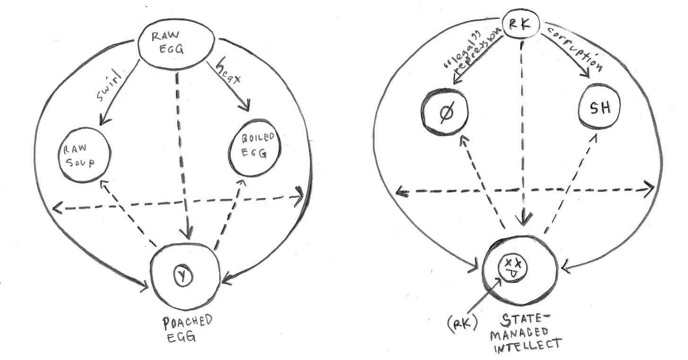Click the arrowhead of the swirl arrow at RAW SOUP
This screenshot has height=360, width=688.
104,121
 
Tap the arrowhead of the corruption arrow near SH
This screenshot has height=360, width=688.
586,74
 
